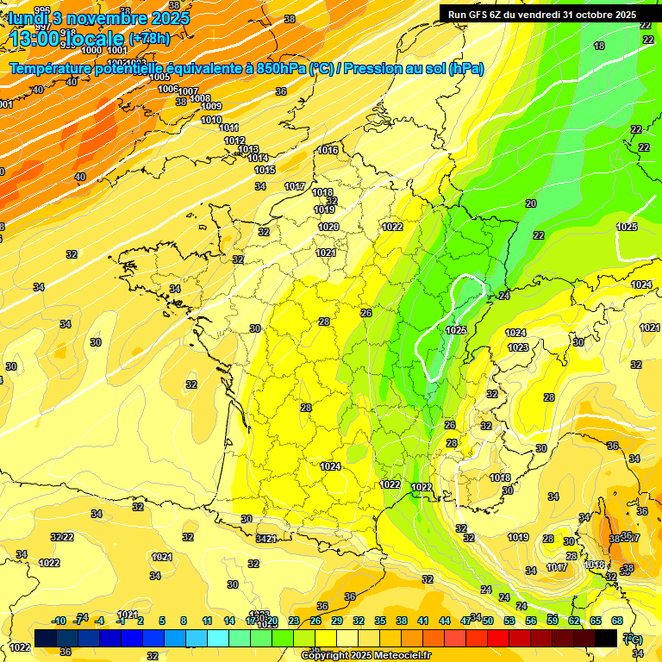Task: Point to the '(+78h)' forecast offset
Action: click(149, 39)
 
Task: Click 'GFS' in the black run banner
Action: click(482, 15)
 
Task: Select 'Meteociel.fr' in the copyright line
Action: click(397, 655)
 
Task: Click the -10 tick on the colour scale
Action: click(59, 621)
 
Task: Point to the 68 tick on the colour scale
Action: click(617, 621)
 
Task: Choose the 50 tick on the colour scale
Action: click(488, 621)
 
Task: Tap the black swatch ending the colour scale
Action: click(606, 638)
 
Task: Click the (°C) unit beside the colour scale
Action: click(632, 639)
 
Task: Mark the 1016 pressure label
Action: click(328, 150)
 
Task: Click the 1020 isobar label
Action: click(328, 227)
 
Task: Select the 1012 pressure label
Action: click(234, 141)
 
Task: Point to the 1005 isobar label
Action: click(159, 77)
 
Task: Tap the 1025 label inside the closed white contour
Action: click(456, 330)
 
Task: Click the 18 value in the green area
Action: click(599, 46)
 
